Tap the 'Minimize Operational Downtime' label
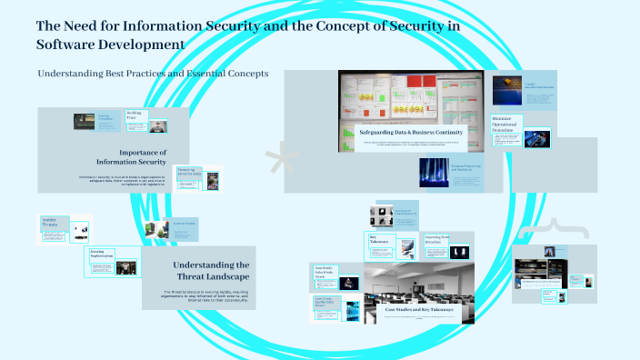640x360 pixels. (x=507, y=125)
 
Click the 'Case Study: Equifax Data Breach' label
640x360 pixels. (x=326, y=303)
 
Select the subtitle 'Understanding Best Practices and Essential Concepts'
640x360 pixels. (x=153, y=74)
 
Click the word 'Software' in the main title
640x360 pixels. (x=74, y=44)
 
